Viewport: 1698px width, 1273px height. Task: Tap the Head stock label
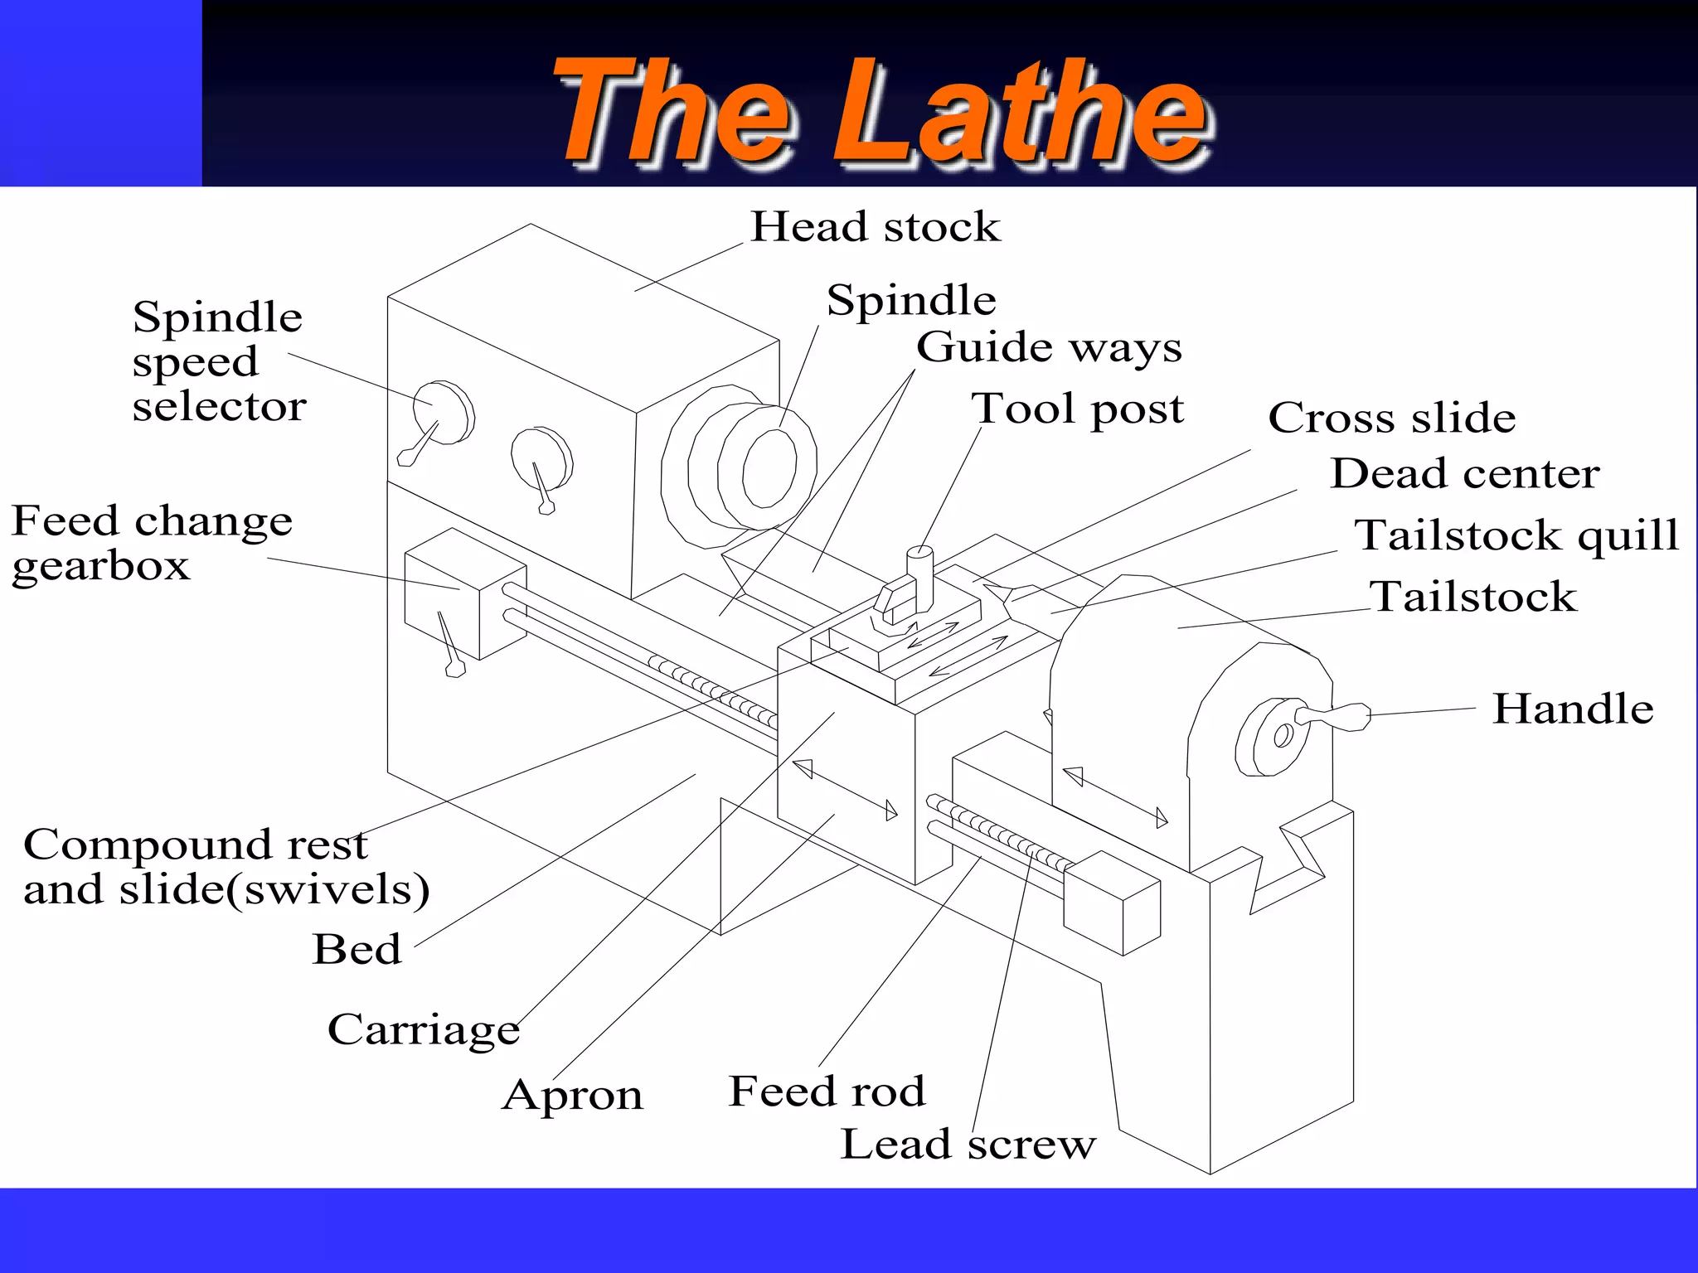[876, 227]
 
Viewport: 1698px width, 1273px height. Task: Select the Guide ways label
[1049, 347]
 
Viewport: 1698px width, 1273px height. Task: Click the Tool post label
[1078, 409]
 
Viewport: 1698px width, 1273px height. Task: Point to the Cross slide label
[1392, 418]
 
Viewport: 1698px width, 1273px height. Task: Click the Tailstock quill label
[1516, 535]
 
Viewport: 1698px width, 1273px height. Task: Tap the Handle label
[1573, 709]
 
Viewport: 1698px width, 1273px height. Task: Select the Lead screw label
[968, 1145]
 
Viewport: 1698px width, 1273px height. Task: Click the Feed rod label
[827, 1091]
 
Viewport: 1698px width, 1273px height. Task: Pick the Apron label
[573, 1096]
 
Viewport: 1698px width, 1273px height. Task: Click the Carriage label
[424, 1030]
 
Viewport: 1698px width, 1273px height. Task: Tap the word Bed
[357, 949]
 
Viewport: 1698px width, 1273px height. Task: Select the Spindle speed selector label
[218, 361]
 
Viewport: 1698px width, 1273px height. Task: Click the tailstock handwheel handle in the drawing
[1335, 716]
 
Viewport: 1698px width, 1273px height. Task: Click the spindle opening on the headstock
[769, 468]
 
